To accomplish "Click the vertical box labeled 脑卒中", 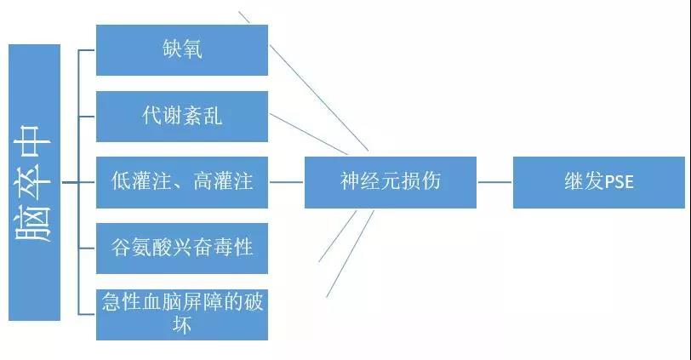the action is click(x=34, y=182).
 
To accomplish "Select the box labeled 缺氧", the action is click(x=182, y=50).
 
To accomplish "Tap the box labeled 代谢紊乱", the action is click(x=182, y=117).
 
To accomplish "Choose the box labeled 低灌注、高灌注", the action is click(x=182, y=182).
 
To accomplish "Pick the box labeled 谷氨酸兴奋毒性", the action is click(x=182, y=248).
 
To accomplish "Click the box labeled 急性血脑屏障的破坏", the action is click(x=182, y=315).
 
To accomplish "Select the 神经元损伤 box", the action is click(x=391, y=182).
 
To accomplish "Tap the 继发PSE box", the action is click(x=599, y=182).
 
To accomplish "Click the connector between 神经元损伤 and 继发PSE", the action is click(x=494, y=182).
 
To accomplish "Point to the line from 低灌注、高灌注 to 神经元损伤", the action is click(x=286, y=182).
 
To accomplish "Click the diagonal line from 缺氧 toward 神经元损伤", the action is click(x=319, y=97).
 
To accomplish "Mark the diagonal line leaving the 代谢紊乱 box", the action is click(x=308, y=134).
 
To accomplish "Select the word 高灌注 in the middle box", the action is click(x=223, y=181).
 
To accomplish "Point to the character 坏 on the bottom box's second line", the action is click(x=182, y=325).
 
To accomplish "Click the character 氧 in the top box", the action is click(x=192, y=49).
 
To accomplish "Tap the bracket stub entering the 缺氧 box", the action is click(x=87, y=50).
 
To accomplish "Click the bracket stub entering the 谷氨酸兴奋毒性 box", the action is click(x=87, y=248).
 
